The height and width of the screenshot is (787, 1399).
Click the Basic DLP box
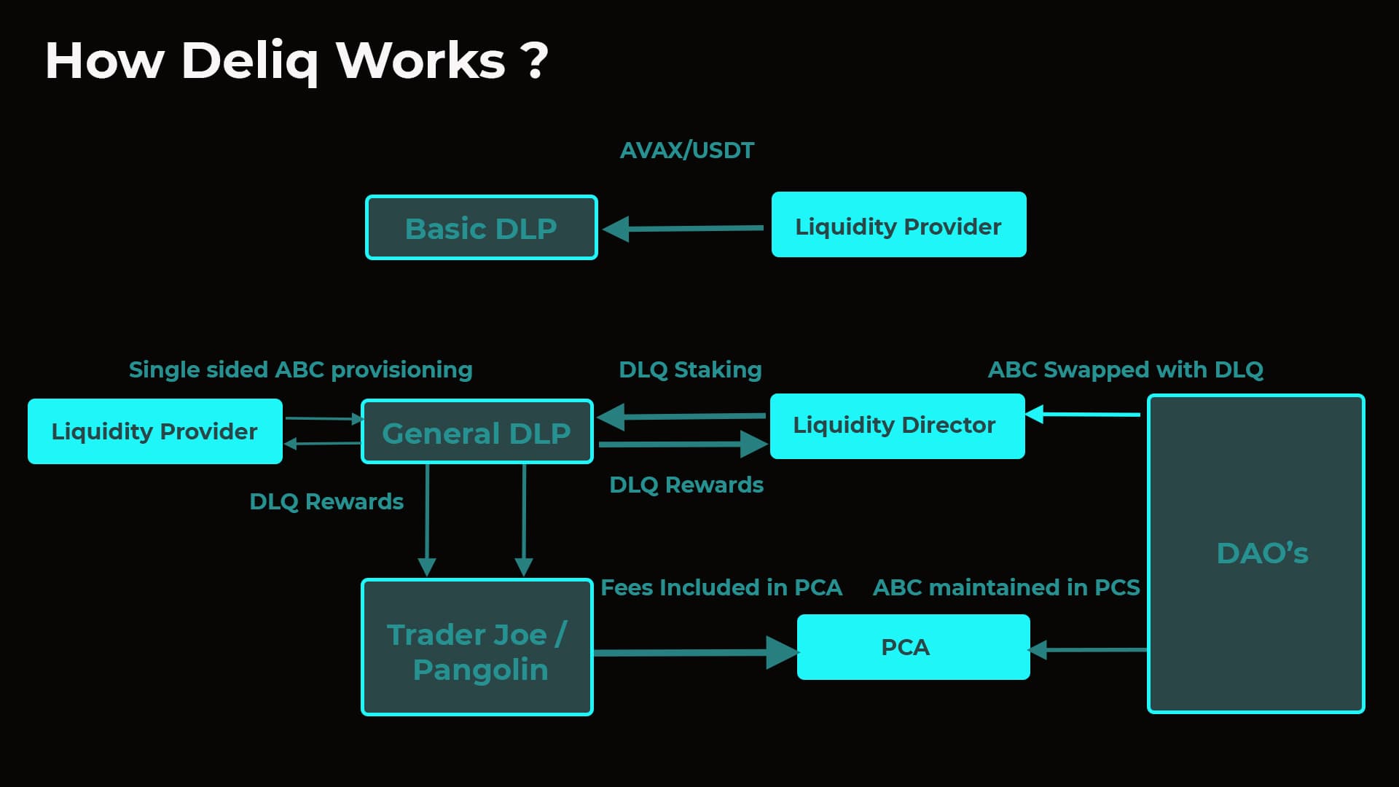tap(481, 227)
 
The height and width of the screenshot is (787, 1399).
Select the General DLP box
tap(477, 431)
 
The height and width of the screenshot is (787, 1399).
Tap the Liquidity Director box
tap(897, 426)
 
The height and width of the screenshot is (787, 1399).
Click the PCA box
tap(913, 647)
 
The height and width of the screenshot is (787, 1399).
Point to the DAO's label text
tap(1262, 554)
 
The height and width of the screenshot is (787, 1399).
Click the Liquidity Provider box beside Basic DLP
tap(898, 225)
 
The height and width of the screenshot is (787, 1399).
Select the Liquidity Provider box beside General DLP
tap(154, 431)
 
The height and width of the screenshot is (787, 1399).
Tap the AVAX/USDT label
tap(687, 151)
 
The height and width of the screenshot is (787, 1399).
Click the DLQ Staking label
tap(690, 370)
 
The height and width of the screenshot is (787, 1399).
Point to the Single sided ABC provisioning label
tap(300, 370)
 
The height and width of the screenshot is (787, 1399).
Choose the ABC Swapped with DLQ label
tap(1125, 370)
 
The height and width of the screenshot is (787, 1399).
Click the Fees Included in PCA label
tap(721, 587)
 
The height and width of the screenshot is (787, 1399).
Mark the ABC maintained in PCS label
tap(1006, 587)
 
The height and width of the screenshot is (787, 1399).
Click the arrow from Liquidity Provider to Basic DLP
tap(685, 229)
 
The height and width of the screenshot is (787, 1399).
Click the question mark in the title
tap(535, 61)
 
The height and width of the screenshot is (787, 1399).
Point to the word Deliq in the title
tap(249, 61)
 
